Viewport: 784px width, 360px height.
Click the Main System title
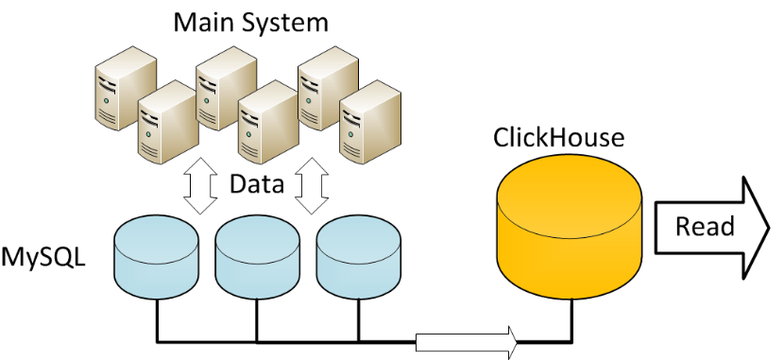(x=250, y=20)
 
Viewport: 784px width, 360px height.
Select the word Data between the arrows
(x=257, y=184)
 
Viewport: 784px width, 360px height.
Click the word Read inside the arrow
(x=705, y=226)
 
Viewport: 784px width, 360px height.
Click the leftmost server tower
(x=117, y=90)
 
